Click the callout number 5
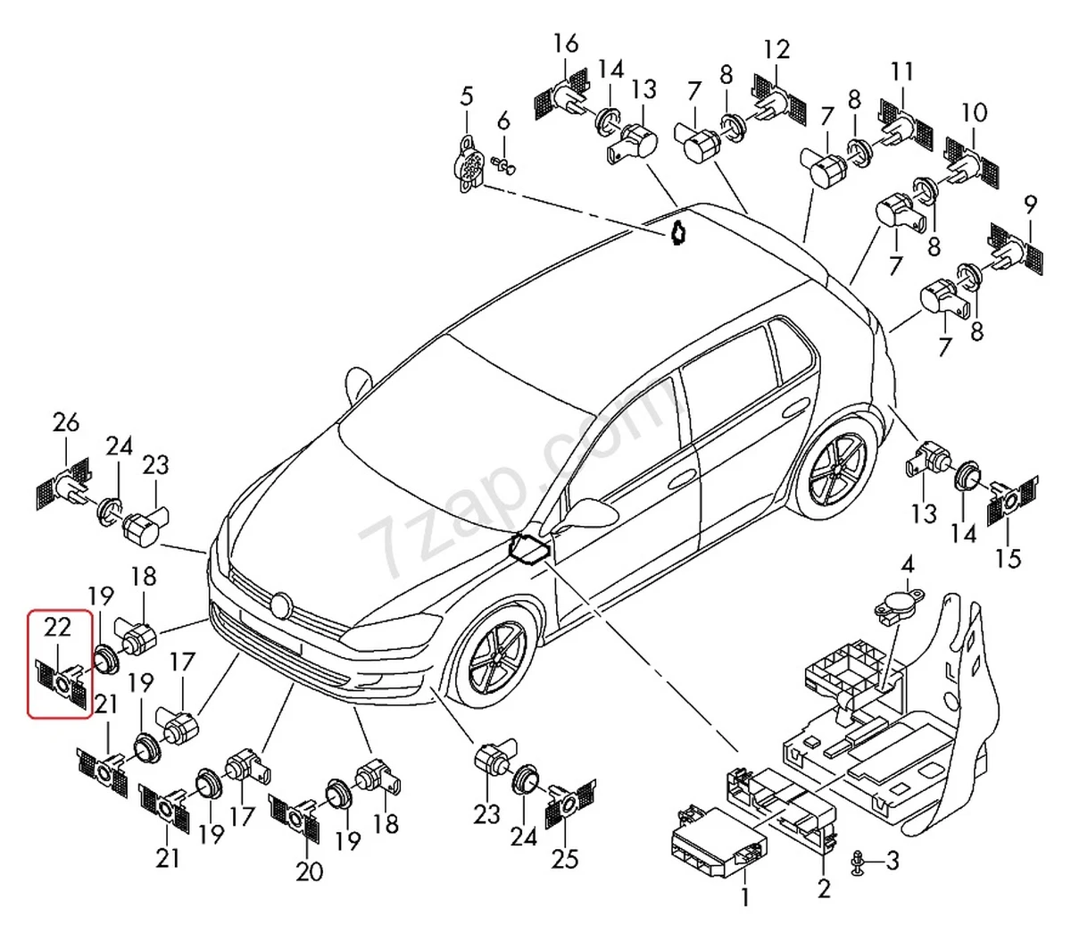click(467, 96)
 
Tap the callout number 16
click(565, 43)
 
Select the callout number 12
click(776, 49)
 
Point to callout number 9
click(1031, 205)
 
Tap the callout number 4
click(907, 564)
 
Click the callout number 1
click(745, 896)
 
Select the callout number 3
click(893, 861)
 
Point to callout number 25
click(565, 858)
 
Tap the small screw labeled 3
click(859, 861)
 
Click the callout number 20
click(309, 871)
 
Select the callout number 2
click(824, 887)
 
